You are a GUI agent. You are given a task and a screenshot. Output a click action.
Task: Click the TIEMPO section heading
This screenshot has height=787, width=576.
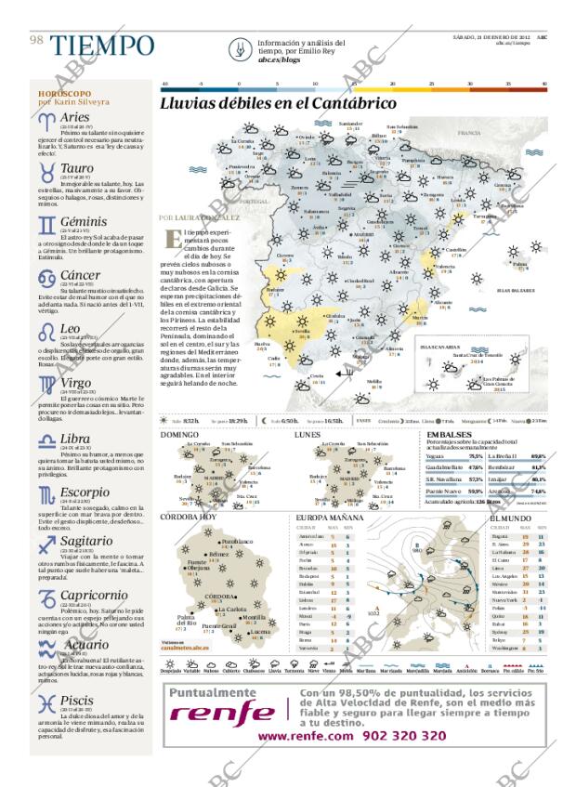point(102,46)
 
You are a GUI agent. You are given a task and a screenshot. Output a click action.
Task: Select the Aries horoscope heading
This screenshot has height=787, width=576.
point(74,117)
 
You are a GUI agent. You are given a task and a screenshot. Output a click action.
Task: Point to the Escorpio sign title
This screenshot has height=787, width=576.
point(85,492)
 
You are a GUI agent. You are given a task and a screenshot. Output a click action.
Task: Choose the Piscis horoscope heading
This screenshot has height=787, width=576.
point(76,700)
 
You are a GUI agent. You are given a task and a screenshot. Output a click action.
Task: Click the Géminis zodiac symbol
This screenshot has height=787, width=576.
point(46,224)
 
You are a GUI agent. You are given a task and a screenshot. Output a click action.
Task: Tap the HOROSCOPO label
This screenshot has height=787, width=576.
point(64,94)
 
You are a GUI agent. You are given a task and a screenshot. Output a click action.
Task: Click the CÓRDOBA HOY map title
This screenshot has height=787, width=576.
point(188,517)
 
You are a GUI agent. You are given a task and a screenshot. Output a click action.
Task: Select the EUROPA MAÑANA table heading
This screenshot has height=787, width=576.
point(329,517)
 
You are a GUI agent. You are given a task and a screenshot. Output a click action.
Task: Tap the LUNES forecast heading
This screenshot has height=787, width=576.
point(307,434)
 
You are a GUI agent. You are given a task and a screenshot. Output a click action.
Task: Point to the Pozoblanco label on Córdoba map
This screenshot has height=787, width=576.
point(238,541)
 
